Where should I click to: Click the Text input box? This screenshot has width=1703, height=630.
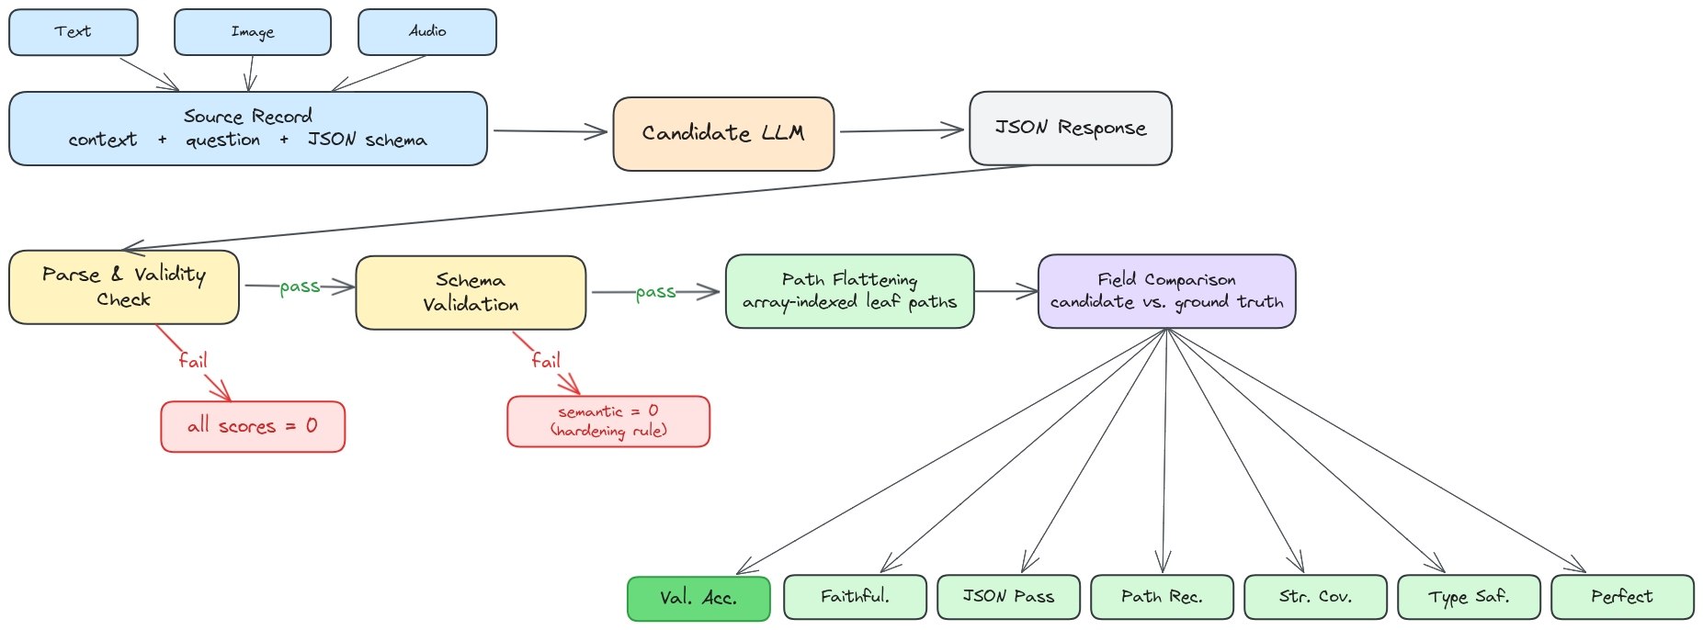74,32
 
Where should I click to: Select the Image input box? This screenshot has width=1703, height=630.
253,32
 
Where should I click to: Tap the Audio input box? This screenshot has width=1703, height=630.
427,32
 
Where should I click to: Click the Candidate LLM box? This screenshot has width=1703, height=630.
723,134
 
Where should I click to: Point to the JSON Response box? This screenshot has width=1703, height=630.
1071,129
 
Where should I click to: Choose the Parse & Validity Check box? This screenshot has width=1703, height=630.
124,287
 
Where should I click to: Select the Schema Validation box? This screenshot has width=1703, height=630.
471,292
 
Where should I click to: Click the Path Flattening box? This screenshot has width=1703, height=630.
849,291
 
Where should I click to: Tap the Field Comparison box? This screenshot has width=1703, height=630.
1166,291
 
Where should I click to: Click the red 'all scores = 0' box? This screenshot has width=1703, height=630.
253,426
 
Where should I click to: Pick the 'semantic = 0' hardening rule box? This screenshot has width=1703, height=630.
608,422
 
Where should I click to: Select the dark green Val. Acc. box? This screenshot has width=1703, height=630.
698,598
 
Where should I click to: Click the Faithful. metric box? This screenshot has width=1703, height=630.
855,597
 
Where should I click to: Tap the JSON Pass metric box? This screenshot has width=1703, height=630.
1008,597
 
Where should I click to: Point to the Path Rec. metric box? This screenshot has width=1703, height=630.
1162,597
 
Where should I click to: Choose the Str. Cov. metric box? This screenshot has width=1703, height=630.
1315,597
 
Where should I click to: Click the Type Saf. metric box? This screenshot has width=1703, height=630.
1469,597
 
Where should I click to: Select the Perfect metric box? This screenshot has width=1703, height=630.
1622,597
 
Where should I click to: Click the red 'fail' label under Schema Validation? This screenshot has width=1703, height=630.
546,360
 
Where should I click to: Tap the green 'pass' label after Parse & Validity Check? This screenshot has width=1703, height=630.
300,287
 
